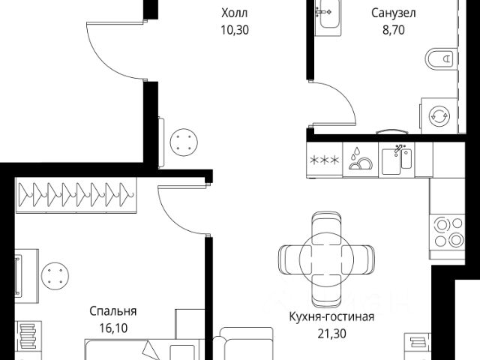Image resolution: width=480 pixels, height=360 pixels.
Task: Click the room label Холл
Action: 234,13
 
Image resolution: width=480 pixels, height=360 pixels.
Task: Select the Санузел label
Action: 394,13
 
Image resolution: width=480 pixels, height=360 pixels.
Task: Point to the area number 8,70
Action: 394,33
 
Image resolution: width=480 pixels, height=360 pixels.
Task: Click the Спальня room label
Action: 113,310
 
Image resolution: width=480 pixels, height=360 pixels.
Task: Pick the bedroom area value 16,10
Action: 113,328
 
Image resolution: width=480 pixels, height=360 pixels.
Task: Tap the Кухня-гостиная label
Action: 331,316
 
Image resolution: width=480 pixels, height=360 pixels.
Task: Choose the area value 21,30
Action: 331,333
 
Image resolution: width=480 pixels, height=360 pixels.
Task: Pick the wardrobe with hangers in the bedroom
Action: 77,194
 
